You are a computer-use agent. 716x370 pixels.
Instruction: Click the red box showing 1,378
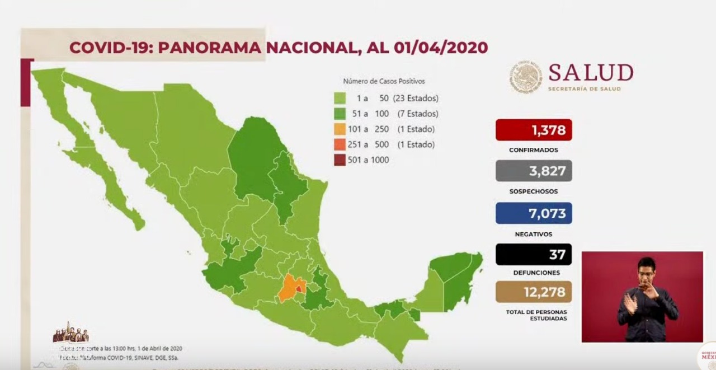click(533, 130)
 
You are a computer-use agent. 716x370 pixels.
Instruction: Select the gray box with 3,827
click(533, 171)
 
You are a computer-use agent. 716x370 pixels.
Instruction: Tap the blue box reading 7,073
click(533, 213)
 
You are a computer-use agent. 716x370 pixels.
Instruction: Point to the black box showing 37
click(533, 255)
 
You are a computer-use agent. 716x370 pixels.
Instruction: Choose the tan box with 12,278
click(533, 292)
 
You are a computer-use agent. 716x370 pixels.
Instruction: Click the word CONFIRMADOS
click(533, 150)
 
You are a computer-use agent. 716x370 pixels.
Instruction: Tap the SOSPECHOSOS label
click(533, 191)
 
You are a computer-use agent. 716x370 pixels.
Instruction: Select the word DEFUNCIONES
click(533, 273)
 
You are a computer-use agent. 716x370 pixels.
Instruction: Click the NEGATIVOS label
click(533, 234)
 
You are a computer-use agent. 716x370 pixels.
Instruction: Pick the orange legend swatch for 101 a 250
click(340, 129)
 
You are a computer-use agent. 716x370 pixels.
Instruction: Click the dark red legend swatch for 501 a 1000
click(340, 160)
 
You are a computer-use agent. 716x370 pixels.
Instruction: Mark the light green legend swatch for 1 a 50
click(340, 99)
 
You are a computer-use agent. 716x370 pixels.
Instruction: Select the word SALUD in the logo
click(591, 73)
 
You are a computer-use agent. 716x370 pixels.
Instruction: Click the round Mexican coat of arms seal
click(525, 77)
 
